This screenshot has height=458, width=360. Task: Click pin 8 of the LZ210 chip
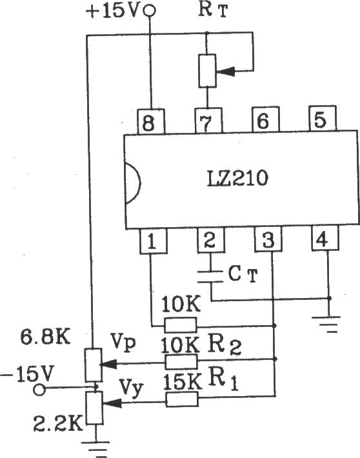tap(151, 121)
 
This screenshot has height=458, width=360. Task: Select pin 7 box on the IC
tap(208, 121)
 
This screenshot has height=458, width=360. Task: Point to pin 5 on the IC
tap(323, 119)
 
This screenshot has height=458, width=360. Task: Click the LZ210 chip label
tap(237, 179)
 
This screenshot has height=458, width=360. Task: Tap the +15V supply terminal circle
tap(150, 11)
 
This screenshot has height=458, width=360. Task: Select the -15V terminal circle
tap(39, 390)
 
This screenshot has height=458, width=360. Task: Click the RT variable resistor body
tap(208, 71)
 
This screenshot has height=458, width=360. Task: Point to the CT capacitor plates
tap(210, 277)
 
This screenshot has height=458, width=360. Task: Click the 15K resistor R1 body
tap(182, 399)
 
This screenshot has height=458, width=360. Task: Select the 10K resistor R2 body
tap(181, 362)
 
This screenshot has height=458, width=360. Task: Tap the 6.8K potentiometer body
tap(94, 365)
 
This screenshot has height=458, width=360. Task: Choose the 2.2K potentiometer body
tap(95, 408)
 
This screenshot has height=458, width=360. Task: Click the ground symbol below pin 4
tap(329, 324)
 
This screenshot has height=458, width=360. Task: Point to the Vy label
tap(131, 388)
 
